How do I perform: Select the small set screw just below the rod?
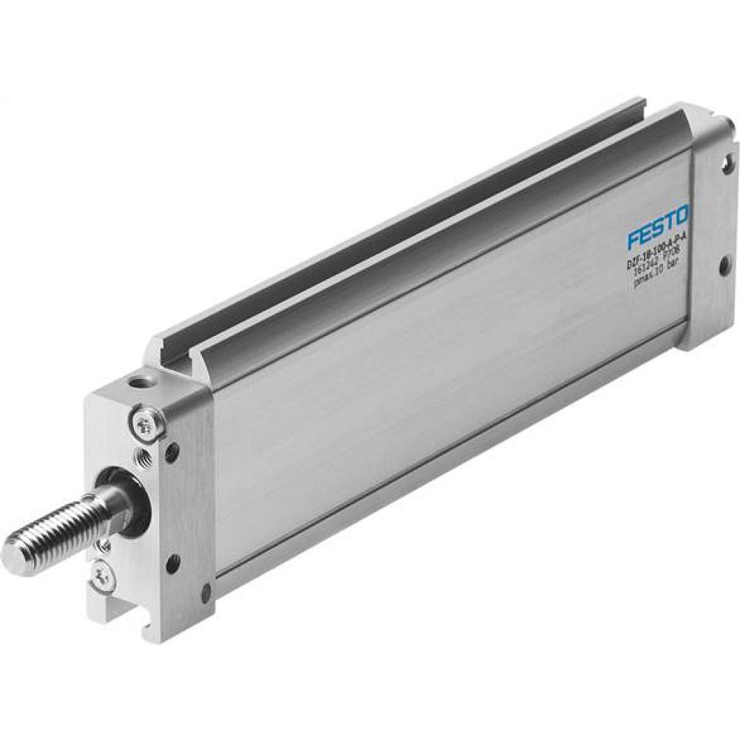point(104,547)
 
